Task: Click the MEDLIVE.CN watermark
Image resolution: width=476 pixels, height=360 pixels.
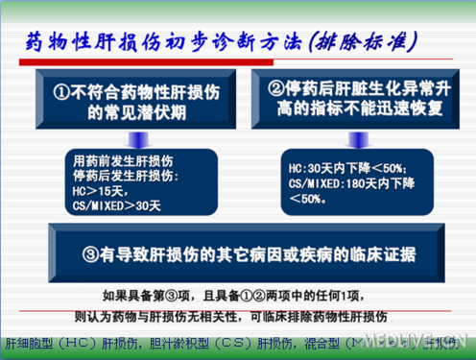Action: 427,343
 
